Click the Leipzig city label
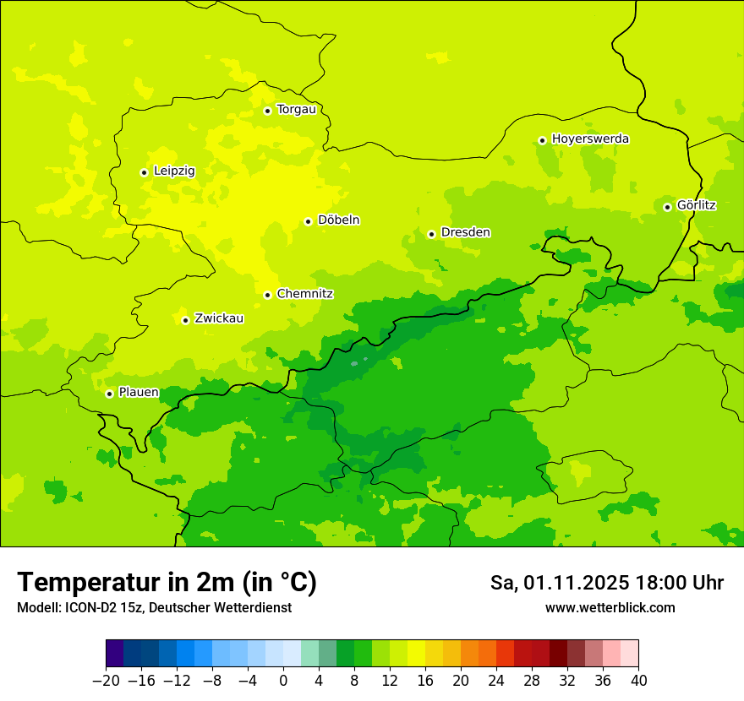174,171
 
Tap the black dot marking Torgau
267,111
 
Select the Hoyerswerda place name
590,139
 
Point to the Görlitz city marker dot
667,207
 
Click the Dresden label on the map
465,233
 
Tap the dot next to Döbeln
308,221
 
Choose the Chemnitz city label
304,295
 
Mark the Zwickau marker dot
185,320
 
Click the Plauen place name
139,393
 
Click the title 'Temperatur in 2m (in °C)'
167,582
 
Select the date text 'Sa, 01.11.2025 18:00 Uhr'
606,583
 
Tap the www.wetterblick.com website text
610,608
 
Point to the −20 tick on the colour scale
106,681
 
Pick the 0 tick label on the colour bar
283,681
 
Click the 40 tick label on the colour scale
638,681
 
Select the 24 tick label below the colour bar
496,681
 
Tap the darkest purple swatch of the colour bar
115,654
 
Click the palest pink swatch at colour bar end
629,654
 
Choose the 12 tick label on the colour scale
390,681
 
